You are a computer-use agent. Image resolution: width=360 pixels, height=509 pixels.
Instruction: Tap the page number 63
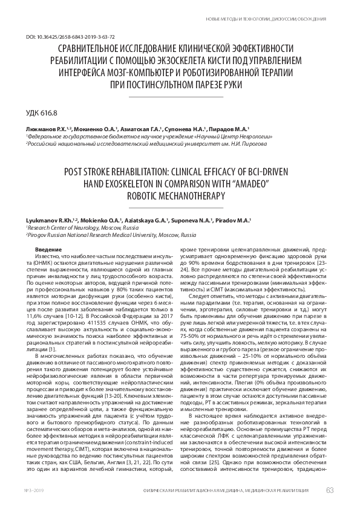click(329, 490)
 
